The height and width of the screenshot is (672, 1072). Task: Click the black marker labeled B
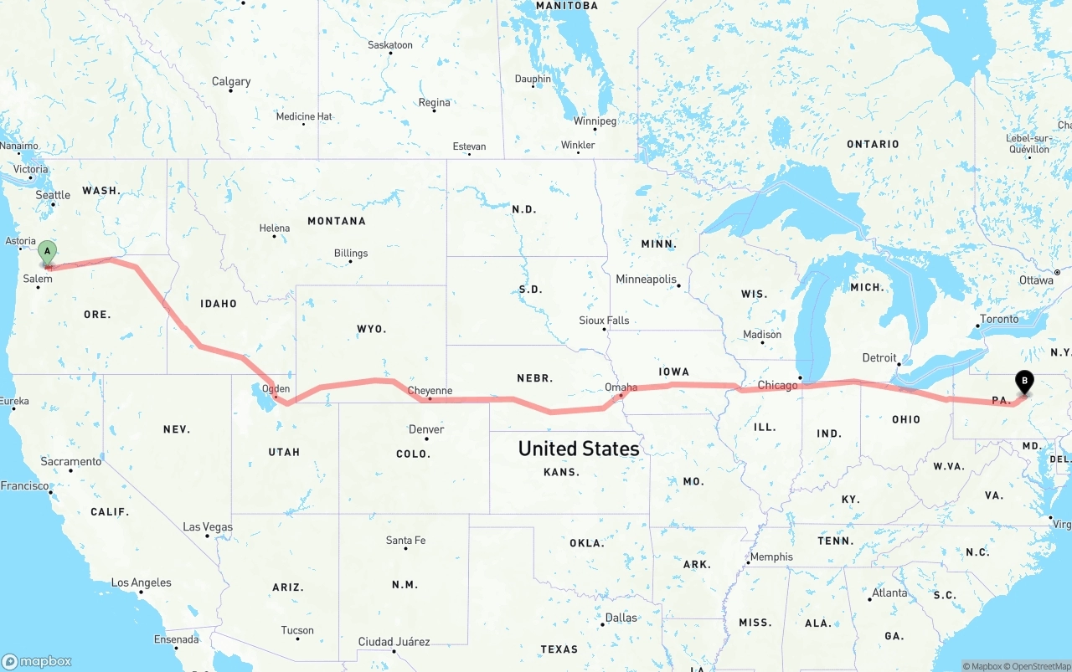[1023, 382]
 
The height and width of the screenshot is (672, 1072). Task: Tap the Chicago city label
[777, 385]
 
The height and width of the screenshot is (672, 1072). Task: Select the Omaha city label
[621, 387]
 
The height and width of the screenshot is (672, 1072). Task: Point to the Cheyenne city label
[430, 391]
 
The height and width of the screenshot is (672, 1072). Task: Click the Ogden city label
[276, 388]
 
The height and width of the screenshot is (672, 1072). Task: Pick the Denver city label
[426, 429]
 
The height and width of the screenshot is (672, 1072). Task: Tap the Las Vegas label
[208, 527]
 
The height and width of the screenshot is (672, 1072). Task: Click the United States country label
[579, 449]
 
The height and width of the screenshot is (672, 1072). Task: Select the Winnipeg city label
[595, 121]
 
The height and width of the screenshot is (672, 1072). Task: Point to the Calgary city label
[231, 81]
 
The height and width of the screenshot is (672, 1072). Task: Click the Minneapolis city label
[646, 279]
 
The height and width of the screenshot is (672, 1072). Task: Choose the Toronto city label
[999, 319]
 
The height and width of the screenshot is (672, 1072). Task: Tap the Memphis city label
[771, 557]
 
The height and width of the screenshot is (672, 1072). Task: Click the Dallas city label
[621, 618]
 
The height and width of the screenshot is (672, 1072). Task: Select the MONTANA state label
[337, 221]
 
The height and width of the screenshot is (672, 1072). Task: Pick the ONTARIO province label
[873, 144]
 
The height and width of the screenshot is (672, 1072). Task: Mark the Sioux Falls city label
[604, 321]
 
